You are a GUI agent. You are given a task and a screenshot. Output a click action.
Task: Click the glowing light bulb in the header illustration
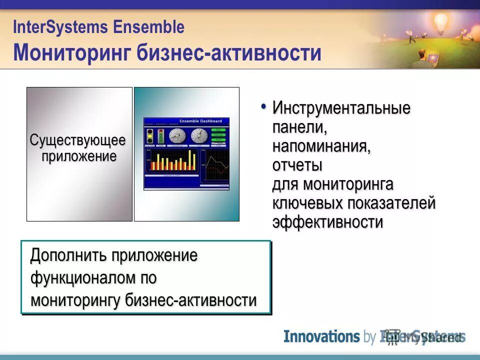440,21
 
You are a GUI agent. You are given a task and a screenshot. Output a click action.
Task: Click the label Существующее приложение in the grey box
79,148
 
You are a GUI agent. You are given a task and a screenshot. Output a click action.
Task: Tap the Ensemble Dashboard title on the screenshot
198,121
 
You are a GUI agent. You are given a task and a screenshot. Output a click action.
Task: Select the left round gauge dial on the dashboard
177,135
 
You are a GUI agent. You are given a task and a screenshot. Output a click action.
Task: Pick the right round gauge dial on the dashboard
199,135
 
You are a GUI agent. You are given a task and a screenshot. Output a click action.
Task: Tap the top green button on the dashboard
219,129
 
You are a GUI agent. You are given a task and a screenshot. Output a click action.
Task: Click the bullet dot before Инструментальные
263,106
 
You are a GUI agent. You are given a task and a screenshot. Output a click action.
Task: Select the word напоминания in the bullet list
321,146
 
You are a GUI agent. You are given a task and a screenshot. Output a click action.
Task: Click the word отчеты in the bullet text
297,165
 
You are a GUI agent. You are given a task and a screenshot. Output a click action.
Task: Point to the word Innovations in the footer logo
321,336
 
